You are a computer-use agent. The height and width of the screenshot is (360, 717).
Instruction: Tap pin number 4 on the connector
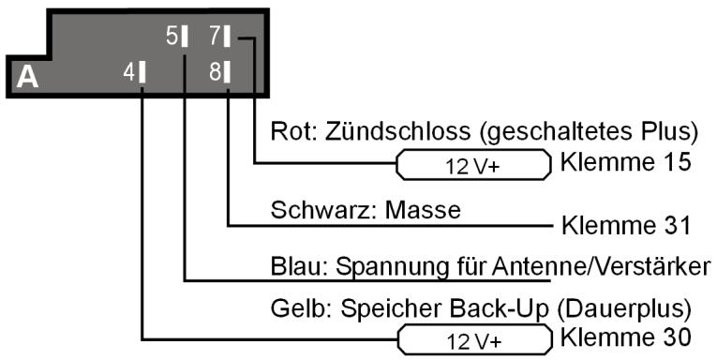tap(128, 70)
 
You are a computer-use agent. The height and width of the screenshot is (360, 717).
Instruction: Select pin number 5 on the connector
tap(172, 37)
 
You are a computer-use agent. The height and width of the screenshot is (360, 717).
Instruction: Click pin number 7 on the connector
tap(214, 37)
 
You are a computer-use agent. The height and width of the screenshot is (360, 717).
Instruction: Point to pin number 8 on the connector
tap(214, 70)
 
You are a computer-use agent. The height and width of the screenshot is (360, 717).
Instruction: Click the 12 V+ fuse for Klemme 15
tap(473, 168)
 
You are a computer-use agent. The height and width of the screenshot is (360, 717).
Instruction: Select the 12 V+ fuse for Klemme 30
tap(473, 338)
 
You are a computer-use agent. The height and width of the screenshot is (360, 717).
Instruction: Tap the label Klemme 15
tap(625, 161)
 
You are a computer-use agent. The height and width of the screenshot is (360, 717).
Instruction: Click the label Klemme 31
tap(625, 226)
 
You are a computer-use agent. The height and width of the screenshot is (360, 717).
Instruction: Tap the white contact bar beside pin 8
tap(228, 70)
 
